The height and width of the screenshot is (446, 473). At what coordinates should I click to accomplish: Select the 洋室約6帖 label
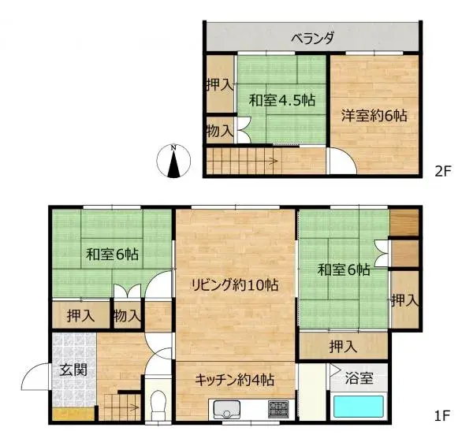[374, 115]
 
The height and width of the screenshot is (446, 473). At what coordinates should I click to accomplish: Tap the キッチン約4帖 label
[234, 379]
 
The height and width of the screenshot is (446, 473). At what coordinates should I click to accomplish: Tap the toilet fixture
[158, 405]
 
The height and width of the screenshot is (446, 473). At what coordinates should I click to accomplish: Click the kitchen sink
[227, 410]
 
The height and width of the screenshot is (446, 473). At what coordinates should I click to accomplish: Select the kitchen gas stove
[277, 409]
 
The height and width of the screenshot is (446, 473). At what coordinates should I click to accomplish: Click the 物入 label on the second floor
[218, 130]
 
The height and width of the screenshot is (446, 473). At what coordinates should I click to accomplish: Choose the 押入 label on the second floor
[218, 84]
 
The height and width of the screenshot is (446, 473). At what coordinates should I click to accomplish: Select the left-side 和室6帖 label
[112, 255]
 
